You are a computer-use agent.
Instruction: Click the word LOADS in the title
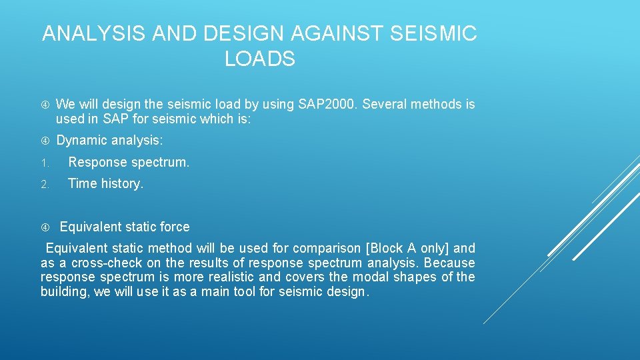(259, 59)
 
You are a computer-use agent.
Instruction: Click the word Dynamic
(81, 141)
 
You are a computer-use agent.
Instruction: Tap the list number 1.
(43, 163)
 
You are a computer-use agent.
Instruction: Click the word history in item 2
(121, 183)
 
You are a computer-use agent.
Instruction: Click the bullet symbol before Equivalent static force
(44, 227)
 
